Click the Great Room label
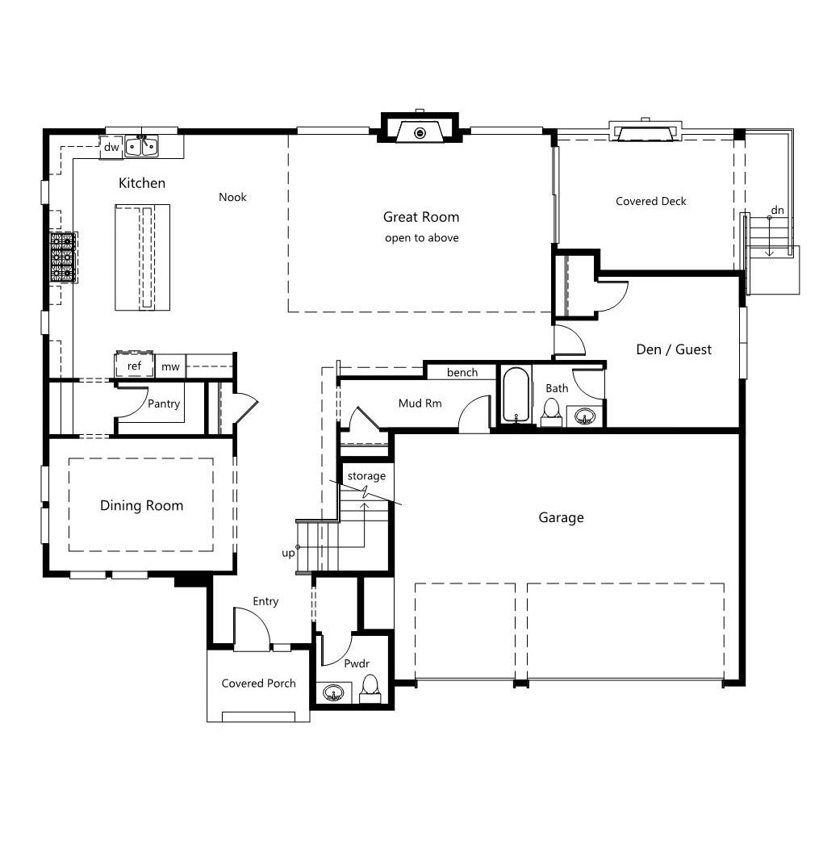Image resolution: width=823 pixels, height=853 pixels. point(421,217)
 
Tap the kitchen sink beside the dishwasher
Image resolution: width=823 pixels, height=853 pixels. point(141,146)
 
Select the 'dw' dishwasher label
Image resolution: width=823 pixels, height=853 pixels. point(111,147)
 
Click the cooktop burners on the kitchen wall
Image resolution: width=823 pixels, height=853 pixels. point(63,257)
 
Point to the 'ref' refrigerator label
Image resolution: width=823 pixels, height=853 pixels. point(134,366)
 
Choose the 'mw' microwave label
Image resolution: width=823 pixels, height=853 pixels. point(170,366)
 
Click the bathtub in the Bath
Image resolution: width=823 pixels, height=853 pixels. point(516,395)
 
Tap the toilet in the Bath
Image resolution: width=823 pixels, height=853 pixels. point(551,412)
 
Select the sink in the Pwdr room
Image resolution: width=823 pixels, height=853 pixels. point(333,693)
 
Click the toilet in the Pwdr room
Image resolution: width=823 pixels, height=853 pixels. point(370,688)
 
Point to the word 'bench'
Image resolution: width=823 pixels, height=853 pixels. point(462,373)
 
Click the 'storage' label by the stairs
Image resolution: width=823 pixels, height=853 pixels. point(366,476)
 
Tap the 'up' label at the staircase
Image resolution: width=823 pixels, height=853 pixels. point(288,554)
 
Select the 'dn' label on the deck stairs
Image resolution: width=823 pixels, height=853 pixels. point(777,210)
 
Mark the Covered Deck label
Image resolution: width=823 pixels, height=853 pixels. point(650,201)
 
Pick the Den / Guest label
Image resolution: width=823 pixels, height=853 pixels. point(674,349)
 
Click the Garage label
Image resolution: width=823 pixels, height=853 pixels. point(561,517)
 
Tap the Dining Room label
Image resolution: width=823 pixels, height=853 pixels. point(141,506)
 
